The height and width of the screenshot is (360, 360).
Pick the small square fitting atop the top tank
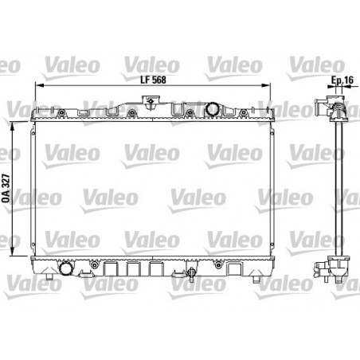click(x=148, y=100)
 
